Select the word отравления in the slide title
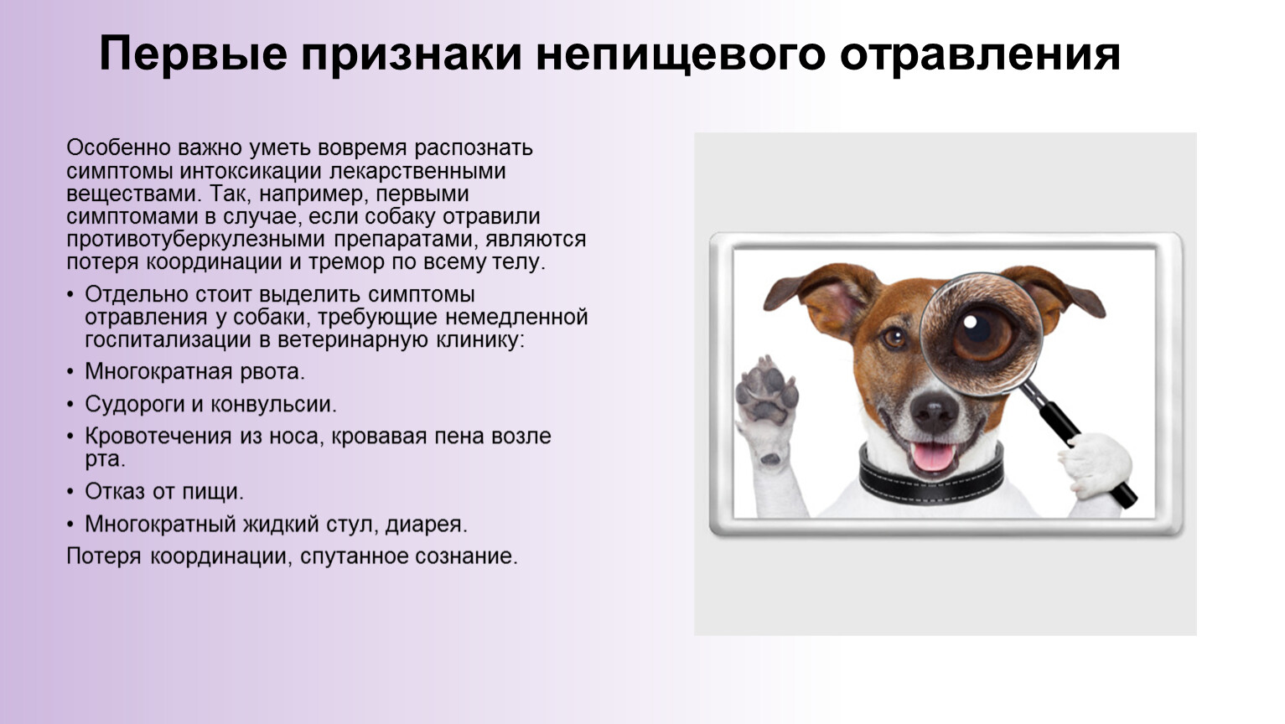(x=981, y=54)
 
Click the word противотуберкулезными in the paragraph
(x=195, y=239)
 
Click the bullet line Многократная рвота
(x=194, y=372)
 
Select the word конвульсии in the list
(x=273, y=405)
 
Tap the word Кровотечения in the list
(x=158, y=437)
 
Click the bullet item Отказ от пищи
(x=164, y=492)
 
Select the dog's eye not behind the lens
(x=894, y=338)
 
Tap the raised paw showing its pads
(x=767, y=391)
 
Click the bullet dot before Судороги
(x=70, y=405)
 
